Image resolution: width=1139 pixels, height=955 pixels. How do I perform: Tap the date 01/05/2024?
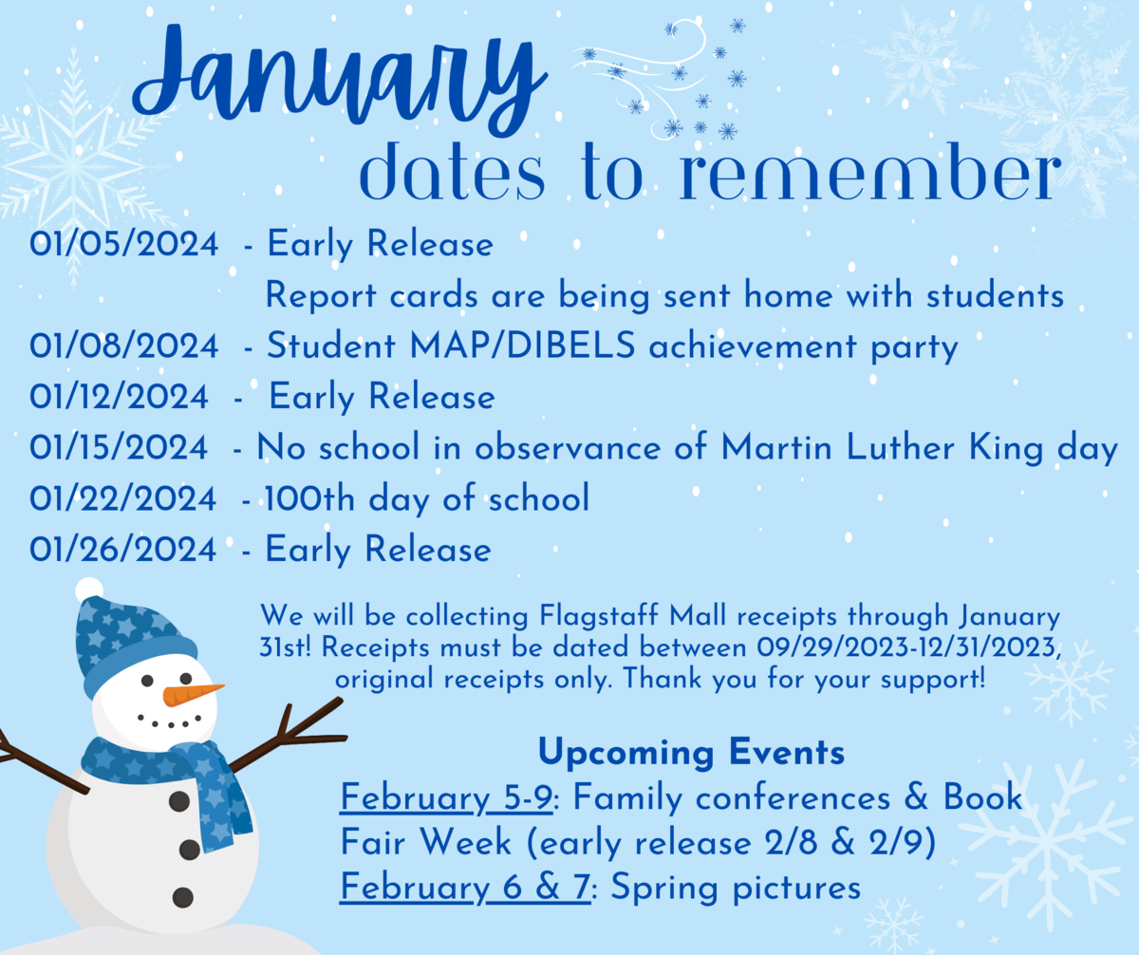point(123,243)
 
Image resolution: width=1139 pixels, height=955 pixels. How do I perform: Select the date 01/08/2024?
point(123,346)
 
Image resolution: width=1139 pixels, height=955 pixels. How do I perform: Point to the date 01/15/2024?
point(119,447)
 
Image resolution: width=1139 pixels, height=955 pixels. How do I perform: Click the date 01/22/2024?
point(122,498)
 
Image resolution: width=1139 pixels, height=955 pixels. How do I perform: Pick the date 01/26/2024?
point(122,549)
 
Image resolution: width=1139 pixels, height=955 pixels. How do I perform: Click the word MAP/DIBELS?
point(523,346)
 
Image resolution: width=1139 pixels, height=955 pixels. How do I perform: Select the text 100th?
point(309,498)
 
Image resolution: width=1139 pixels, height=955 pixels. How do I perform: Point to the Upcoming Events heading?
point(691,752)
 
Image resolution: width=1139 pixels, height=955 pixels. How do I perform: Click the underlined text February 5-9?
point(446,797)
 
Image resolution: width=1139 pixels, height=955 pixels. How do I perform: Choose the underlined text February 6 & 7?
point(465,887)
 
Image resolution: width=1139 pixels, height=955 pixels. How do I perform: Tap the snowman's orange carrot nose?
point(192,694)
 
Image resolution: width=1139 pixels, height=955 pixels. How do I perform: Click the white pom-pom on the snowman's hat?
point(89,590)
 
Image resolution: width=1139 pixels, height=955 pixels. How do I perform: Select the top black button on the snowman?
point(179,801)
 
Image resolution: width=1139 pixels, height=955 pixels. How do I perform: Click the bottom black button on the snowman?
point(183,898)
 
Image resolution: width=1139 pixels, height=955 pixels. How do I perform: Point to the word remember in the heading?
point(870,172)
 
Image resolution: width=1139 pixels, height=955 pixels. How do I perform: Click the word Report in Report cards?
point(321,296)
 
